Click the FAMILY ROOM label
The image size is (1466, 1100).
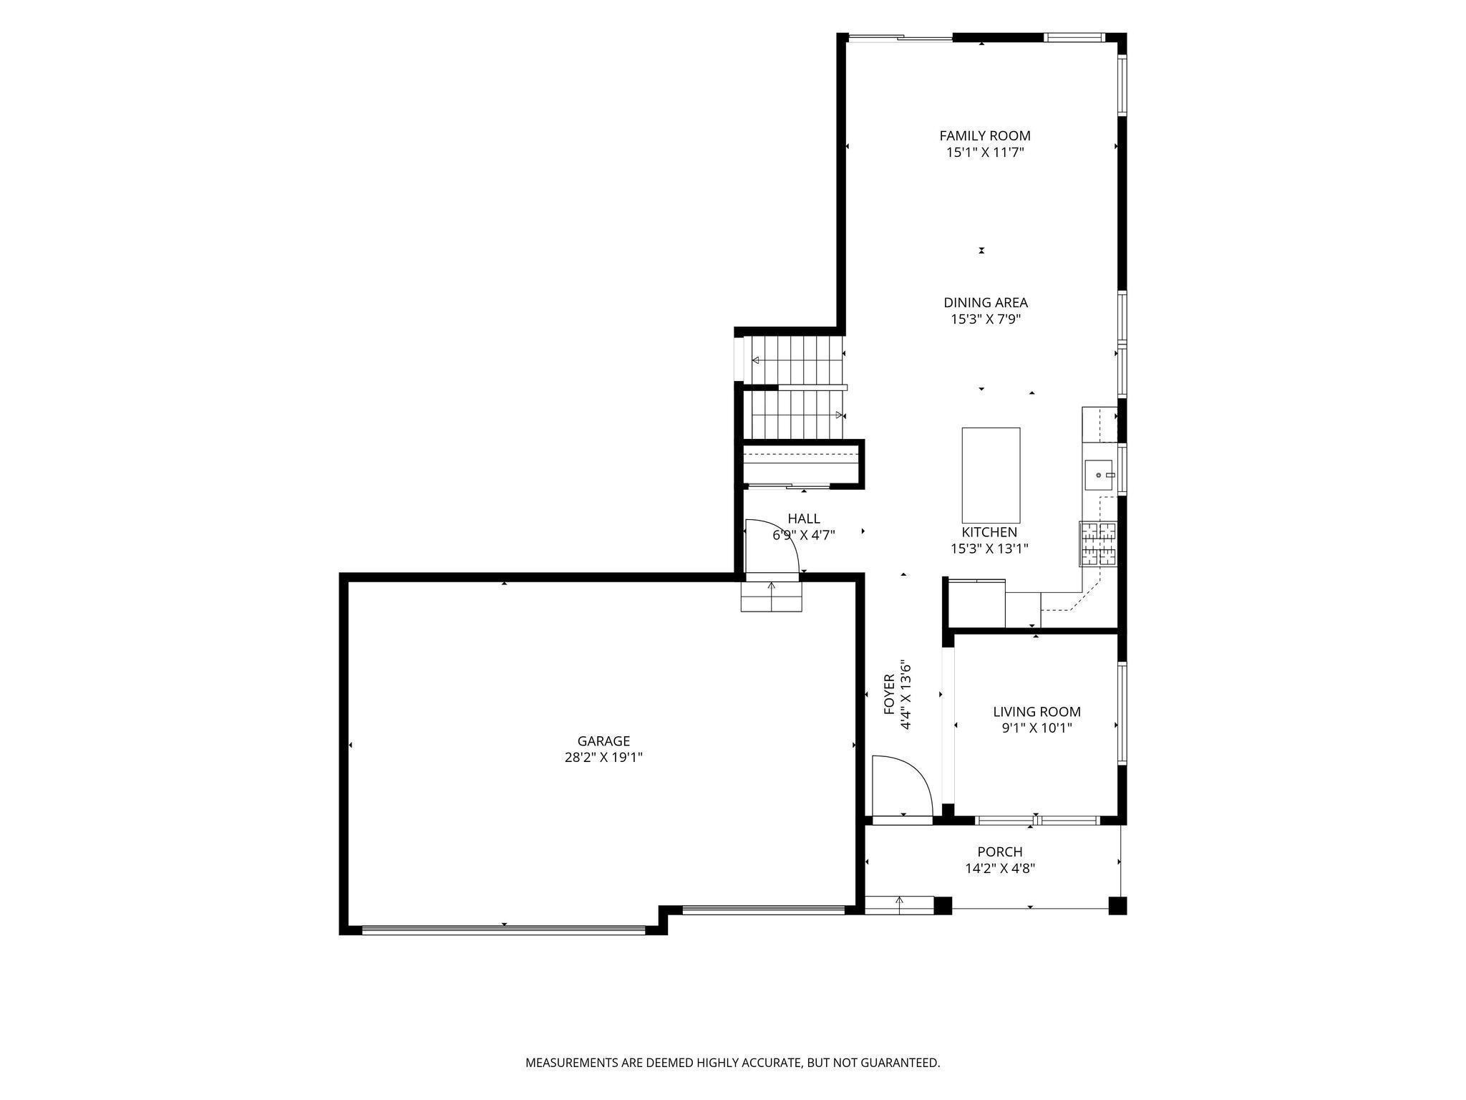(x=985, y=135)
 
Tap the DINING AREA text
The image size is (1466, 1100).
(x=986, y=302)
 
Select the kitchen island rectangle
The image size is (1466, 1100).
(x=991, y=476)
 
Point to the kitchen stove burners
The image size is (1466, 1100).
(x=1098, y=544)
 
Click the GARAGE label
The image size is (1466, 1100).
(x=603, y=741)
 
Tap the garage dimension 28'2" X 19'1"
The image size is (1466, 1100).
(x=603, y=758)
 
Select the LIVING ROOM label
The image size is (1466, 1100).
(x=1037, y=712)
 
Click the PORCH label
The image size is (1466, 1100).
(x=1000, y=851)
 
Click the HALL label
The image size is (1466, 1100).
(x=804, y=518)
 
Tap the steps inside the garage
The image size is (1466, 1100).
(x=772, y=597)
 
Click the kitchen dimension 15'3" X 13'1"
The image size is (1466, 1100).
(x=989, y=549)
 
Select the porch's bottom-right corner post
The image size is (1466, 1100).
(x=1117, y=906)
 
